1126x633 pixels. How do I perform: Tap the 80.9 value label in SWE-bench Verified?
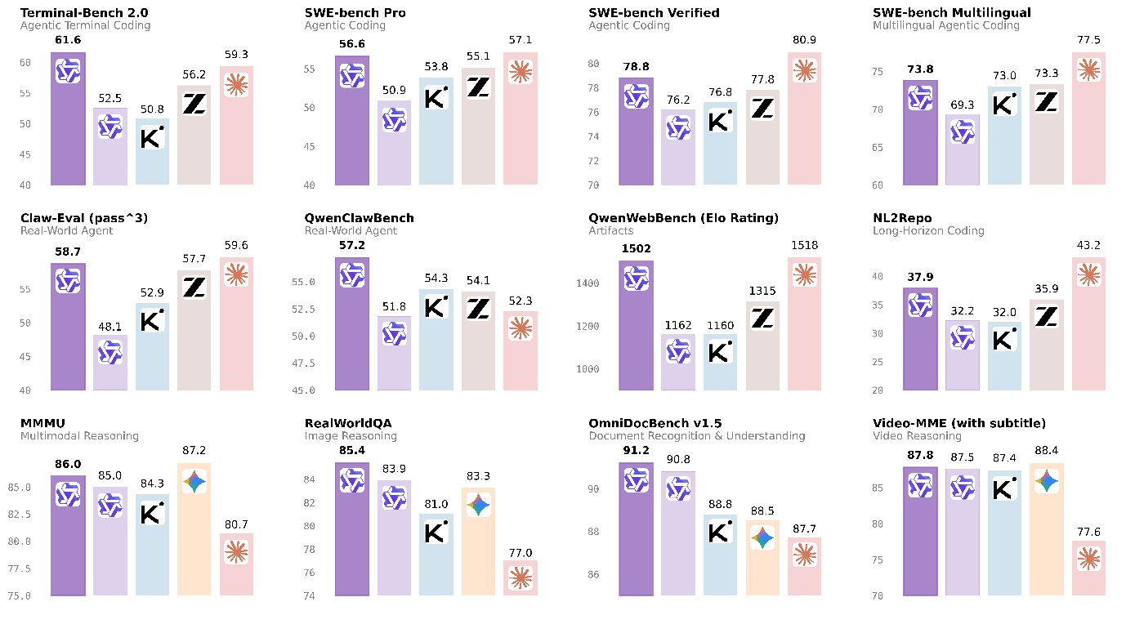[x=805, y=38]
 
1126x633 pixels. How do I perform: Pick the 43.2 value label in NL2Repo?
[x=1088, y=244]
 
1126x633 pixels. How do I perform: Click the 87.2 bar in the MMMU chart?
[x=194, y=531]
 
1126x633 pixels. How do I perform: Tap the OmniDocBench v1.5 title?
[x=655, y=423]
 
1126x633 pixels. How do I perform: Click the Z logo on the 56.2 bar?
[x=194, y=104]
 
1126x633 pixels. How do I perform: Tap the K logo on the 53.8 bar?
[x=436, y=97]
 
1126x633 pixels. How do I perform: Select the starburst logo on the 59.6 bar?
[x=237, y=274]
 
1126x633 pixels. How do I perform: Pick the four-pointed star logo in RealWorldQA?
[x=478, y=506]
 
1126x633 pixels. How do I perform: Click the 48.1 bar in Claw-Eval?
[x=110, y=363]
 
